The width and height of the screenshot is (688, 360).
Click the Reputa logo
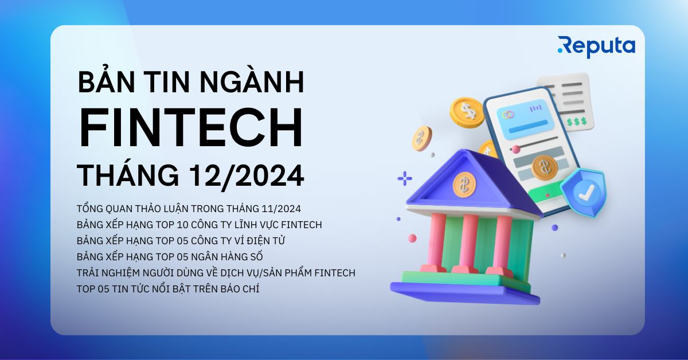pos(596,47)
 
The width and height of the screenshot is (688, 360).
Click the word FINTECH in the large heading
pos(191,127)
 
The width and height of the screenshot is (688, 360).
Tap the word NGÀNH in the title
pos(252,83)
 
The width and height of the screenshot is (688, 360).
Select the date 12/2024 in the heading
pos(247,175)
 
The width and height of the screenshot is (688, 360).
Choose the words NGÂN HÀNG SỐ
pos(227,256)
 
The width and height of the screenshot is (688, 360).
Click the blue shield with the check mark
pos(584,192)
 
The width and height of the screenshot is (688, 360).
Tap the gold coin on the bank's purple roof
pos(464,185)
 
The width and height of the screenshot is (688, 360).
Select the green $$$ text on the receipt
pos(577,122)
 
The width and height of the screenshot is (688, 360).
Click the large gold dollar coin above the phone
pos(467,112)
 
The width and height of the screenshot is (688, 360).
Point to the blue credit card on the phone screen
pos(525,118)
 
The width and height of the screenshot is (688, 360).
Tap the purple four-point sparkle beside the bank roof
pos(405,178)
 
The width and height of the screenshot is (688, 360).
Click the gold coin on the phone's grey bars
pos(545,167)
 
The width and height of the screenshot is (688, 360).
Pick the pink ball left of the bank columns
pos(412,238)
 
